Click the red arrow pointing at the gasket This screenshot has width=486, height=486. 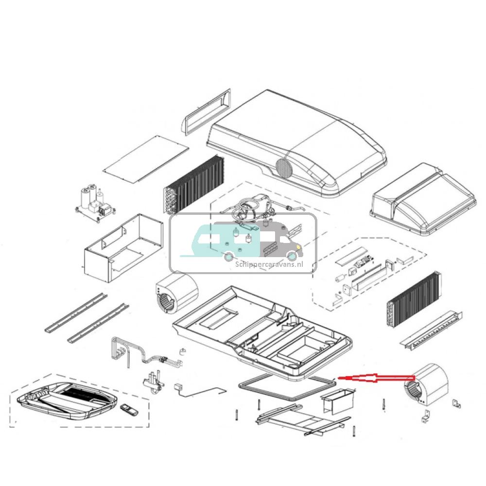click(x=374, y=378)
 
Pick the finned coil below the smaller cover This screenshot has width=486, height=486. click(x=414, y=299)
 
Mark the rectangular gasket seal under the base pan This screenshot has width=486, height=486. click(x=287, y=389)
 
